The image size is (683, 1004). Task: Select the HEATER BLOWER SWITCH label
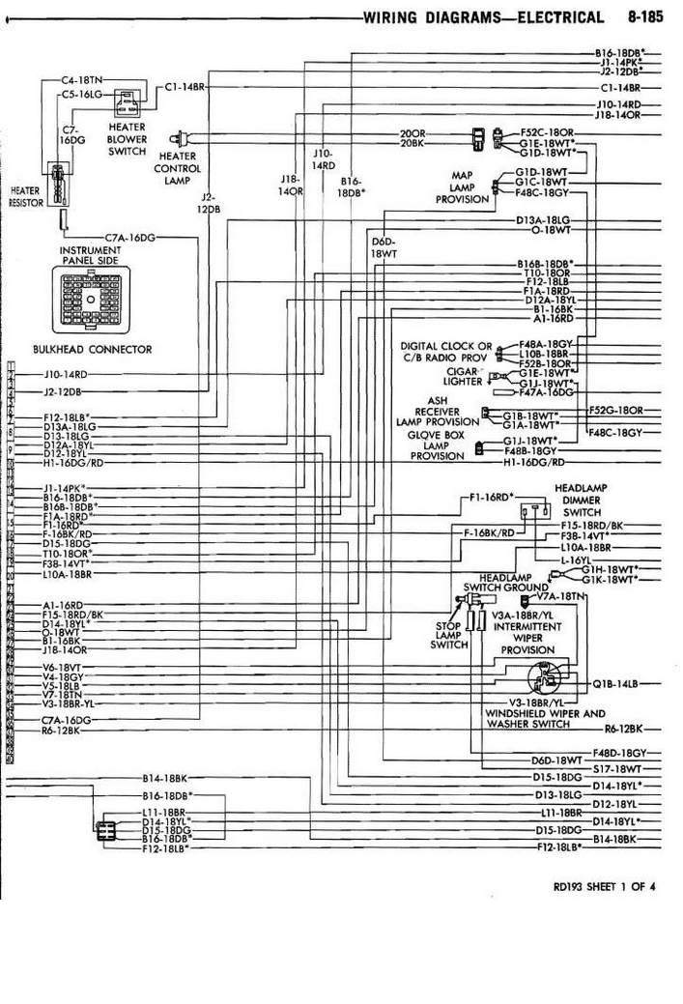[128, 138]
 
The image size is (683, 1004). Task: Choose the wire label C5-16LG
[82, 95]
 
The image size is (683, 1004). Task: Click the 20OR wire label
[413, 132]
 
